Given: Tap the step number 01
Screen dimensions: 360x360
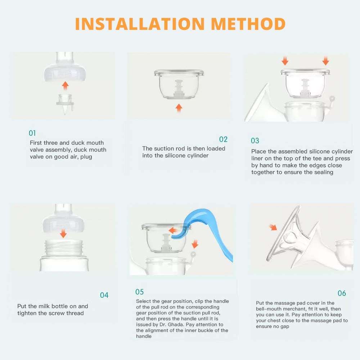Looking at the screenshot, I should pyautogui.click(x=32, y=133).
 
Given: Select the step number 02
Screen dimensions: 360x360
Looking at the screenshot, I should pyautogui.click(x=223, y=139).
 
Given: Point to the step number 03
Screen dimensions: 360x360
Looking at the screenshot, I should pyautogui.click(x=255, y=141).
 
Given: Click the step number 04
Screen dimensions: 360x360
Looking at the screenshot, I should pyautogui.click(x=104, y=295).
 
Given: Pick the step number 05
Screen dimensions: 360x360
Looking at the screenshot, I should pyautogui.click(x=139, y=292).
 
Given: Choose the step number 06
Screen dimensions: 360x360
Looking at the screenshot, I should pyautogui.click(x=341, y=293).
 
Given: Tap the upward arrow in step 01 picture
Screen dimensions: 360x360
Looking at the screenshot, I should pyautogui.click(x=65, y=85).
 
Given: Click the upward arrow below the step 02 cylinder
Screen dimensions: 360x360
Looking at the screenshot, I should pyautogui.click(x=179, y=108).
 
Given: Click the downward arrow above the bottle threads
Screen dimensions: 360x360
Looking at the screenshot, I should pyautogui.click(x=63, y=234).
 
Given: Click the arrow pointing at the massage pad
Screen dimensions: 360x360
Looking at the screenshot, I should pyautogui.click(x=273, y=227).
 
